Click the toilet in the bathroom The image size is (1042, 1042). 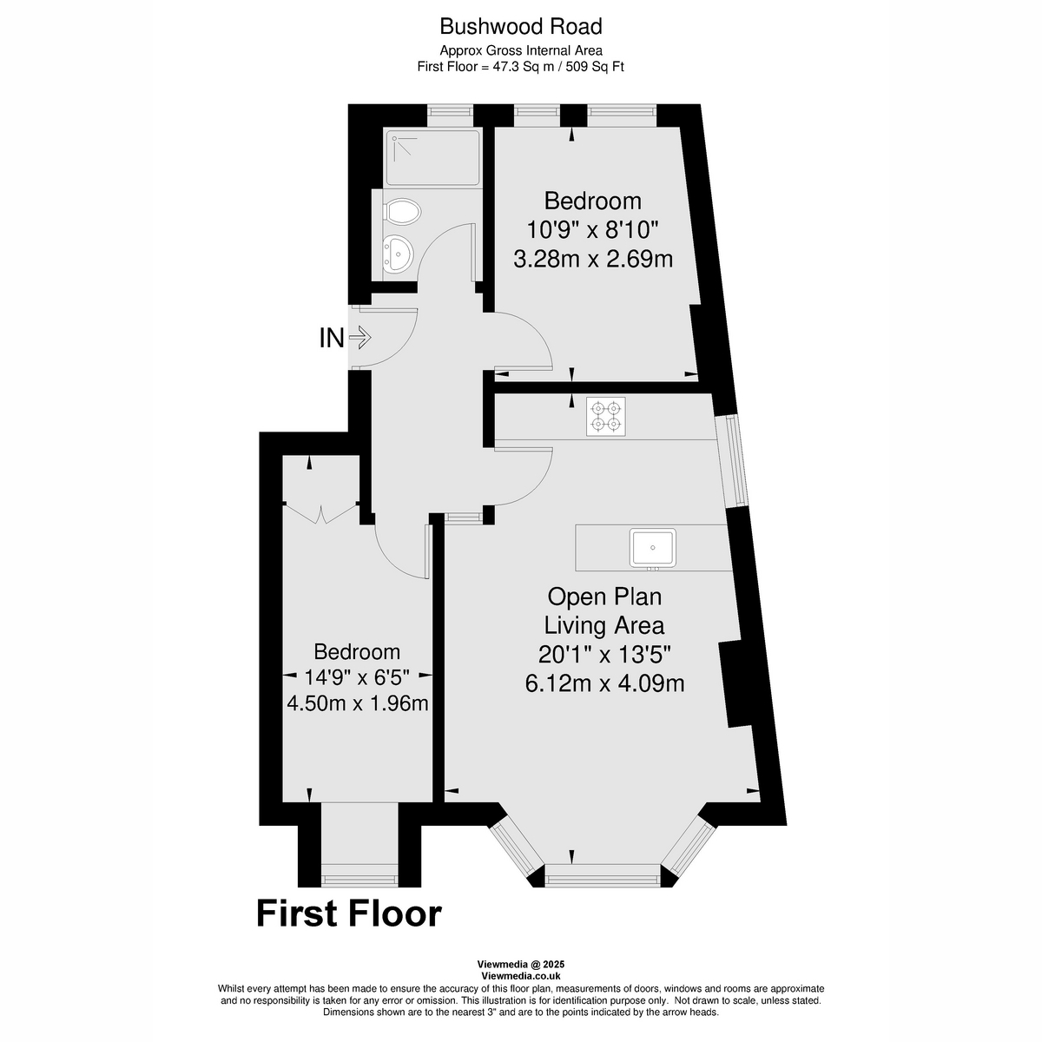click(x=402, y=211)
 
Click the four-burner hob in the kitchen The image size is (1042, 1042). click(x=605, y=416)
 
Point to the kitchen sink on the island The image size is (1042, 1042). click(x=653, y=547)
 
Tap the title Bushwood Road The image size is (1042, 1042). click(x=520, y=26)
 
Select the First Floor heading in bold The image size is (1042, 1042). click(x=349, y=913)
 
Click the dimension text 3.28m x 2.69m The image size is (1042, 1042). click(x=593, y=259)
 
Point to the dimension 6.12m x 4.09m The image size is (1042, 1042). click(x=604, y=683)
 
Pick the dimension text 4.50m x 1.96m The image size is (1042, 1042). click(x=357, y=702)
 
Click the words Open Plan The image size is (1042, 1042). click(x=604, y=597)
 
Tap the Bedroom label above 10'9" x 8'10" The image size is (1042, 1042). click(x=593, y=201)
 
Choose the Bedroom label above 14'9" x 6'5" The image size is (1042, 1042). click(x=357, y=651)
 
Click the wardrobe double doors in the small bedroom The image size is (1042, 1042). click(x=321, y=513)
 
